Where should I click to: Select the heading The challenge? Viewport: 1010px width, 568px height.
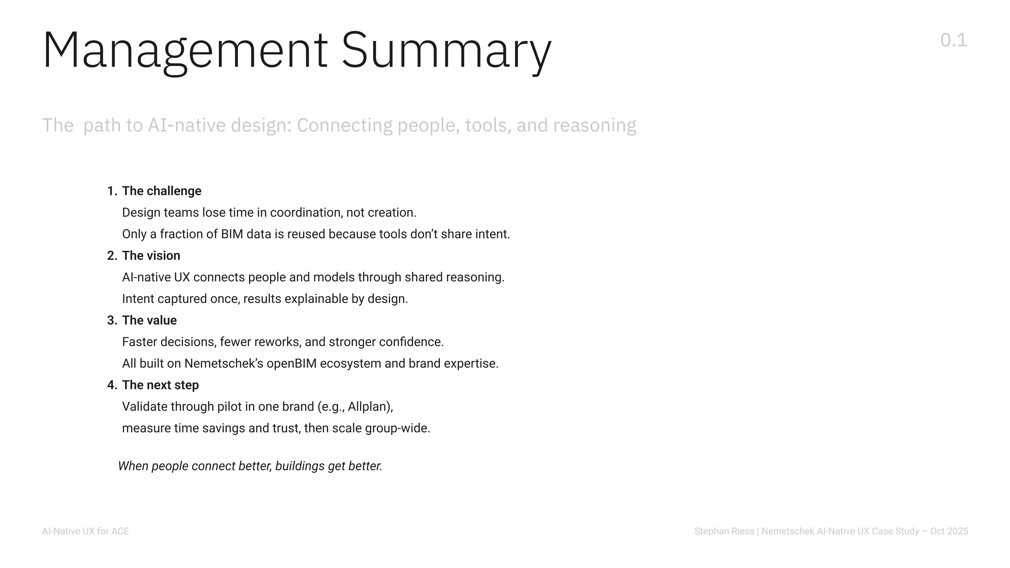point(161,191)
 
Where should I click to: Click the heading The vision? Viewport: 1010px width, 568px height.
point(151,256)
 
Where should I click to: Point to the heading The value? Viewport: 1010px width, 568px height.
point(149,320)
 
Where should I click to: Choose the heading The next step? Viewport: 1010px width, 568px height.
point(160,385)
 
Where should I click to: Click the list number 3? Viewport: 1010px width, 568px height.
point(112,320)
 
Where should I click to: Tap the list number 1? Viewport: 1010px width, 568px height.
point(112,191)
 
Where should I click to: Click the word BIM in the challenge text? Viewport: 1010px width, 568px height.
point(232,234)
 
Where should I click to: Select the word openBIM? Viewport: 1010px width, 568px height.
point(291,363)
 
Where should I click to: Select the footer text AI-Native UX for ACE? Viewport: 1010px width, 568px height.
point(85,531)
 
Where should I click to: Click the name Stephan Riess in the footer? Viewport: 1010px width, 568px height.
point(724,531)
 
